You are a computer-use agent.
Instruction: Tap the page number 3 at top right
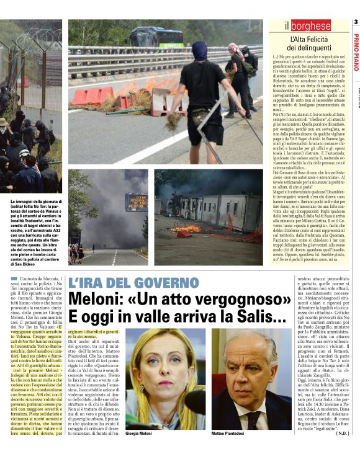[x=356, y=22]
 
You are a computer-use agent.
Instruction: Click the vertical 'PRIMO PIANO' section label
[x=356, y=53]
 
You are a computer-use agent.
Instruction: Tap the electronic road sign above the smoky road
[x=136, y=202]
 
